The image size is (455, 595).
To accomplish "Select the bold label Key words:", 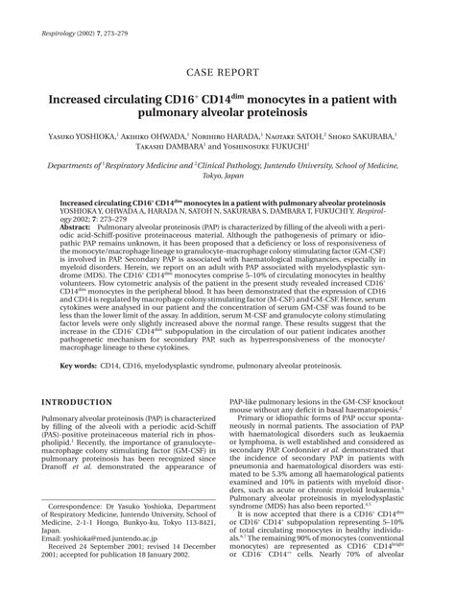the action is pos(81,366).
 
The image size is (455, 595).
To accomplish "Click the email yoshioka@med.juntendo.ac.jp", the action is pos(106,539).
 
